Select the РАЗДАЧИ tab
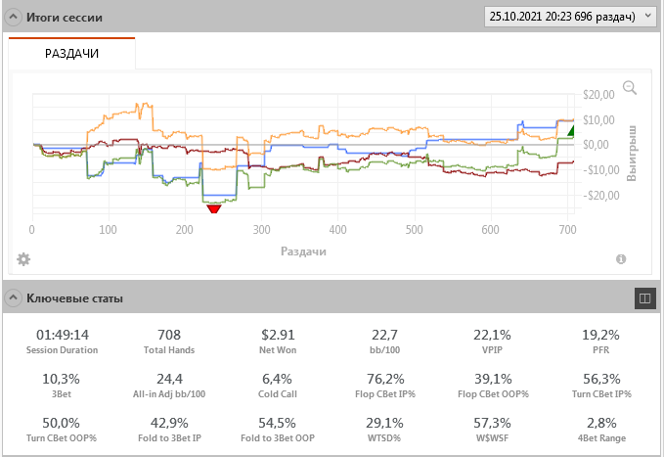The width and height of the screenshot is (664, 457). pyautogui.click(x=71, y=54)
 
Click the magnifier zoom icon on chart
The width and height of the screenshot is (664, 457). pyautogui.click(x=630, y=88)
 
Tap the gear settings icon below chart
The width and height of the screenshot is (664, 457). pyautogui.click(x=23, y=259)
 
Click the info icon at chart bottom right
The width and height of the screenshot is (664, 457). pyautogui.click(x=620, y=259)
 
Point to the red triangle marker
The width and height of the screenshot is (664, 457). pyautogui.click(x=214, y=207)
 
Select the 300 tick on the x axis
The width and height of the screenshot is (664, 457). pyautogui.click(x=260, y=230)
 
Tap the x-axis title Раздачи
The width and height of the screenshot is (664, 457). pyautogui.click(x=303, y=251)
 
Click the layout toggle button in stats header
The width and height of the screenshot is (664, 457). pyautogui.click(x=644, y=297)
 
